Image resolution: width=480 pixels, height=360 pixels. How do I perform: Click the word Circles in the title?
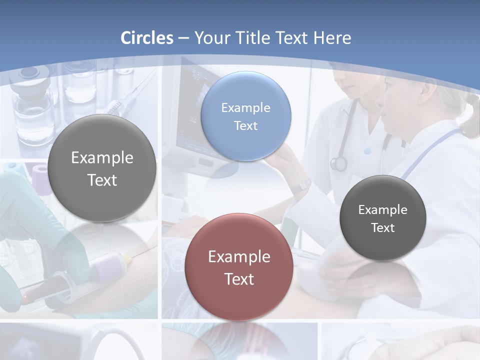pyautogui.click(x=147, y=38)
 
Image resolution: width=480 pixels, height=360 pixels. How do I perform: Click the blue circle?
pyautogui.click(x=246, y=116)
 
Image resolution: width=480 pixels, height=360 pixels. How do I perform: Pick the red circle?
pyautogui.click(x=239, y=267)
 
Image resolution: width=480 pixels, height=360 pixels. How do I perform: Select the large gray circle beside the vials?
pyautogui.click(x=102, y=168)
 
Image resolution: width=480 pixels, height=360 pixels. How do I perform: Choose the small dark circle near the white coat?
pyautogui.click(x=383, y=218)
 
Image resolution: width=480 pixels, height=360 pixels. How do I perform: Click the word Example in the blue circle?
pyautogui.click(x=246, y=108)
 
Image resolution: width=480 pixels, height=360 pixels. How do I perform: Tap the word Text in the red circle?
pyautogui.click(x=239, y=279)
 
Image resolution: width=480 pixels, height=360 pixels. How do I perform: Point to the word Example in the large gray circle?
pyautogui.click(x=102, y=158)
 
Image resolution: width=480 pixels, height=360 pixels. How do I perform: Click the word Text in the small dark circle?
pyautogui.click(x=383, y=228)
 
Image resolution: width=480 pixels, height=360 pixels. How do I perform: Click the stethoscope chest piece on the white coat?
pyautogui.click(x=339, y=163)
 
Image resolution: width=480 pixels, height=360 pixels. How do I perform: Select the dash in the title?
pyautogui.click(x=183, y=38)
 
